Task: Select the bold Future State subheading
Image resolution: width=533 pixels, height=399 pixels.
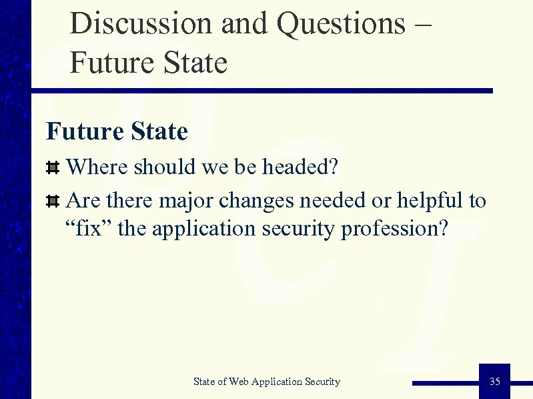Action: click(x=117, y=131)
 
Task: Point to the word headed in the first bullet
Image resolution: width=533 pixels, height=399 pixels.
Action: click(x=300, y=167)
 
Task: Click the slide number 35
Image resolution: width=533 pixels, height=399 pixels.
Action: click(x=494, y=382)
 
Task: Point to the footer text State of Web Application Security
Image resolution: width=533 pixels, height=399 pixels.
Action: click(x=266, y=382)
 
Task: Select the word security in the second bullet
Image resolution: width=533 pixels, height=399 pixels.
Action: click(x=299, y=230)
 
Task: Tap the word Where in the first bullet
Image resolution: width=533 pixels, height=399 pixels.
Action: click(x=98, y=167)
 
